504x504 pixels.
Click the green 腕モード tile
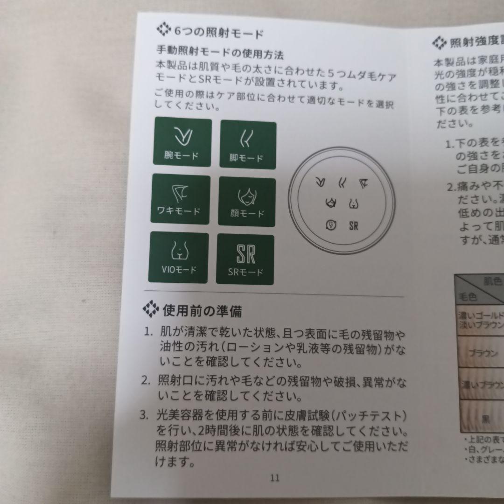point(182,142)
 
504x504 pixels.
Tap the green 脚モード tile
point(247,145)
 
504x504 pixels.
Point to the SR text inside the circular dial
point(353,226)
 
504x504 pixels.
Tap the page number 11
point(274,477)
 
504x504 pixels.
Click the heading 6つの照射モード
point(218,33)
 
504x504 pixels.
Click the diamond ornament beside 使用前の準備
point(151,309)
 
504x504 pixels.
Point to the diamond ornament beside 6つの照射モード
point(164,31)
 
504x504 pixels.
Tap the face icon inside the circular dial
point(331,203)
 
